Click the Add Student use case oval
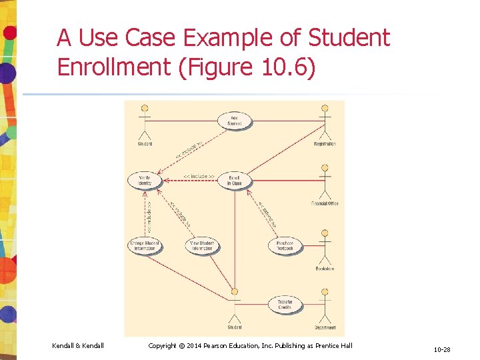pos(235,121)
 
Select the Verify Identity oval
pos(145,181)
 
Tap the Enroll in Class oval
pos(235,181)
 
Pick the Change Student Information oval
pos(145,246)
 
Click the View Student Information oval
pos(201,246)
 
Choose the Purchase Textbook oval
pos(285,246)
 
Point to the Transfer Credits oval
pos(285,305)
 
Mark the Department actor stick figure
pos(325,307)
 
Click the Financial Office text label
pos(325,203)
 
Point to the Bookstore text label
pos(325,269)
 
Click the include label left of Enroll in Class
pos(198,177)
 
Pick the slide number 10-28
pos(441,349)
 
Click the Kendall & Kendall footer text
pos(78,345)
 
